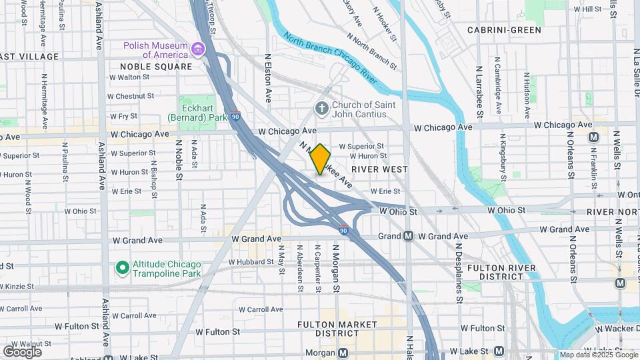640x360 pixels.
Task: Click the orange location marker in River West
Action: coord(321,159)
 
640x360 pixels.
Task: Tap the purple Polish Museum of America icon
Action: coord(198,49)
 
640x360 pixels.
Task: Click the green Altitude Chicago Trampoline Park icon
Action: coord(122,268)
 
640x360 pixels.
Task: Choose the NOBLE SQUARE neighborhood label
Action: coord(156,67)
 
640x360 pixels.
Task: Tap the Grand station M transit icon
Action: coord(409,236)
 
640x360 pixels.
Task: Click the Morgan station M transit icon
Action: coord(343,353)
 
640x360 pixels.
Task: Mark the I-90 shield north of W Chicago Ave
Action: coord(235,116)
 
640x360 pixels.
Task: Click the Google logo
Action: coord(22,351)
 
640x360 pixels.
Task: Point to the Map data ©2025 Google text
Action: coord(598,355)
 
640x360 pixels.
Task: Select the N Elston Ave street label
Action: coord(268,79)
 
